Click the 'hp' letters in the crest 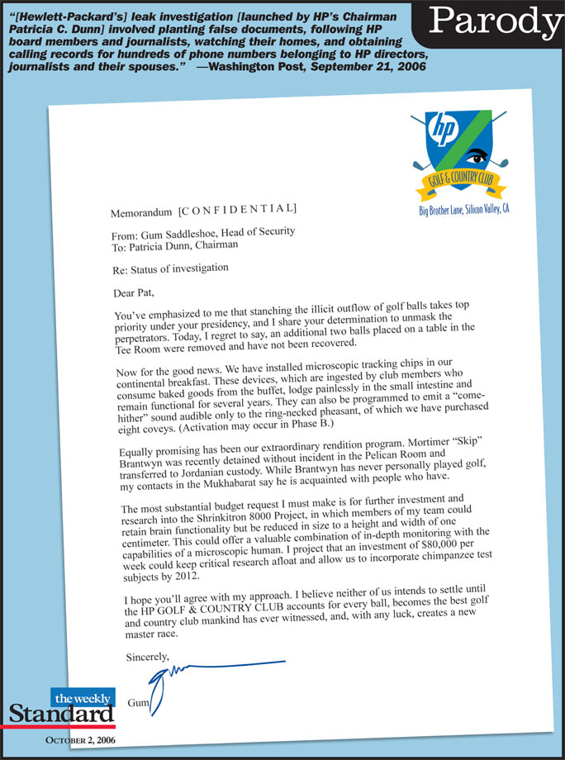click(x=445, y=130)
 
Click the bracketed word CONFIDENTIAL click(x=238, y=210)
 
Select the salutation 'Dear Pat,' click(x=134, y=293)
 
